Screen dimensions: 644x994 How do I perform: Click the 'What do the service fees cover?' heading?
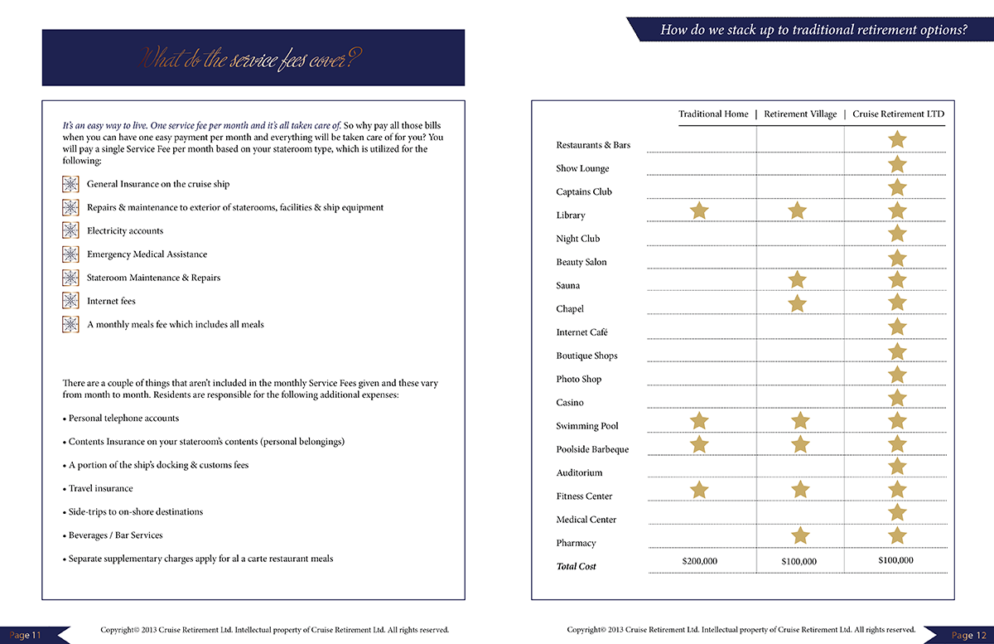point(253,59)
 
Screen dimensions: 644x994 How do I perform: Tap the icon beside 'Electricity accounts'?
point(70,230)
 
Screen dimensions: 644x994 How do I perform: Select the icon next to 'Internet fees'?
point(70,301)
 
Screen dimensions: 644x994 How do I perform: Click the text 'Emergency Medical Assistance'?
point(147,254)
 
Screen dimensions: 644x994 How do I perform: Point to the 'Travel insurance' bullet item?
point(100,489)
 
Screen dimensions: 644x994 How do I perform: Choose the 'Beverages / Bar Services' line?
point(115,535)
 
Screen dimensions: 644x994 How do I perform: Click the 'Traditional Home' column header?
point(713,114)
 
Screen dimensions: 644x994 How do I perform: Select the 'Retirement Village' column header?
point(800,114)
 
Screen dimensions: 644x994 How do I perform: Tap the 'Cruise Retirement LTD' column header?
point(898,114)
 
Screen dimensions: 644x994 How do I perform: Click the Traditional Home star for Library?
point(700,211)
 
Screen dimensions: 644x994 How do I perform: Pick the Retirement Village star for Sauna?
point(797,280)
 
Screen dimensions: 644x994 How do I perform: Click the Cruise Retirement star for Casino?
point(897,398)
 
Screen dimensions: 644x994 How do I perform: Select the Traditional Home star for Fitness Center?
point(700,490)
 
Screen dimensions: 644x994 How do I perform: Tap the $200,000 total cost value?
point(700,561)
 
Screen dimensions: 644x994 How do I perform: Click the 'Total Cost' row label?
point(576,567)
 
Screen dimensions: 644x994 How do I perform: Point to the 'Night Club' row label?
point(577,239)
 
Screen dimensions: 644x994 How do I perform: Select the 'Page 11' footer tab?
point(26,635)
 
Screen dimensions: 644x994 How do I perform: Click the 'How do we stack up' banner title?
point(813,31)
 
